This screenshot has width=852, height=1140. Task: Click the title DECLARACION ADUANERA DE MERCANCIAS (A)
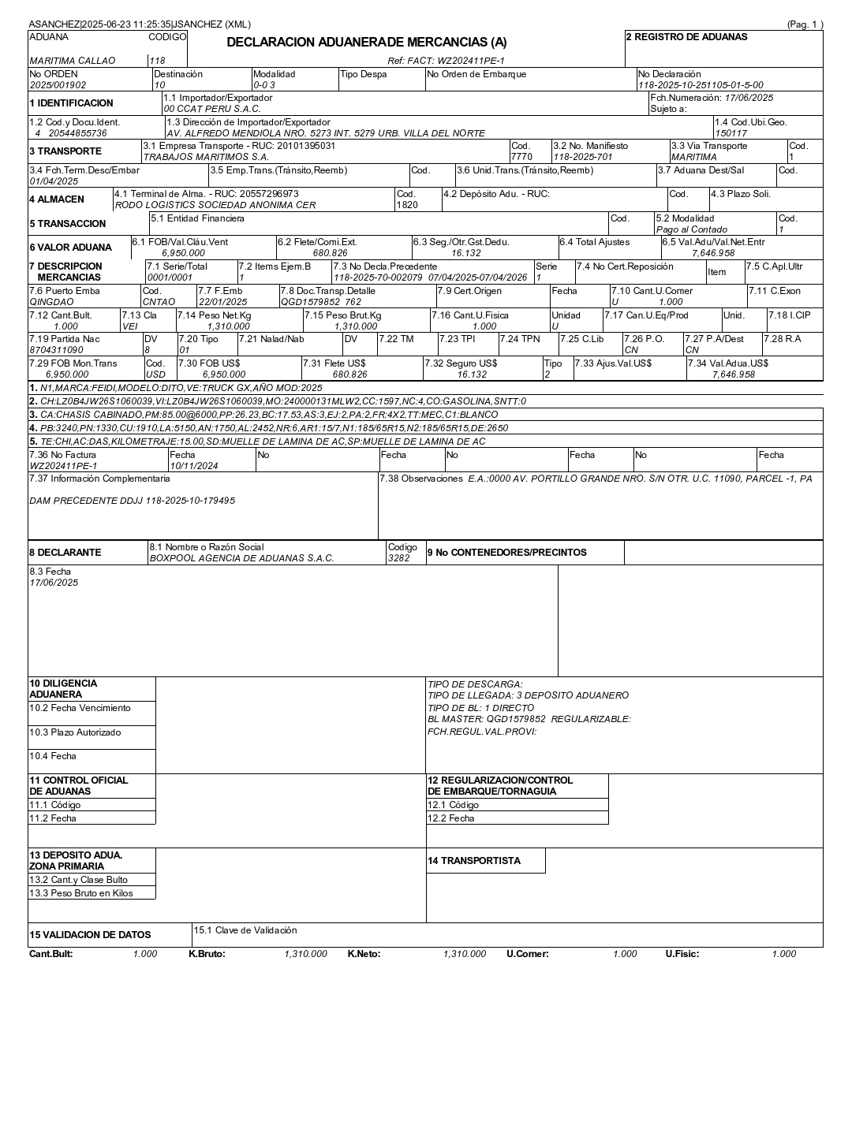[x=367, y=43]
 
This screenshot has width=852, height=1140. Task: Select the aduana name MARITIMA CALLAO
[x=72, y=61]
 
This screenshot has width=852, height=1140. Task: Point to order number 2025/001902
[x=58, y=85]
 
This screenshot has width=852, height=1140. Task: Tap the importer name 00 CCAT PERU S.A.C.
[x=211, y=109]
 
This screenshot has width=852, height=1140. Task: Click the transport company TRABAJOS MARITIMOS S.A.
[x=206, y=157]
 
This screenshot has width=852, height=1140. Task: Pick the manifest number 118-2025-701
[x=582, y=157]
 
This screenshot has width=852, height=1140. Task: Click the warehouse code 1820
[x=407, y=205]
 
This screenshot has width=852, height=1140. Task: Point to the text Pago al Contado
[x=691, y=229]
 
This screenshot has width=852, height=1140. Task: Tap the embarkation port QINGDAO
[x=51, y=302]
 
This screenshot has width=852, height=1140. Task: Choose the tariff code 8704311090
[x=56, y=350]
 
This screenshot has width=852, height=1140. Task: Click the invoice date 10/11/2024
[x=194, y=466]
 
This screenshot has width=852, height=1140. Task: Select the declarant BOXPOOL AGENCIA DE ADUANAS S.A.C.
[x=241, y=558]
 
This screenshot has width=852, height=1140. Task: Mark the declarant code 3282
[x=399, y=558]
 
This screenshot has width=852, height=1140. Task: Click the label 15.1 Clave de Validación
[x=245, y=930]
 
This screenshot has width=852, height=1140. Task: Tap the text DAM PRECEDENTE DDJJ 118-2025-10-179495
[x=132, y=501]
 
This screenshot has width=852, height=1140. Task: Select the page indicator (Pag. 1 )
[x=805, y=24]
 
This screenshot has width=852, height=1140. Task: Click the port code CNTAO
[x=159, y=302]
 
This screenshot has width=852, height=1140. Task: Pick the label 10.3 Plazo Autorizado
[x=75, y=732]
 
